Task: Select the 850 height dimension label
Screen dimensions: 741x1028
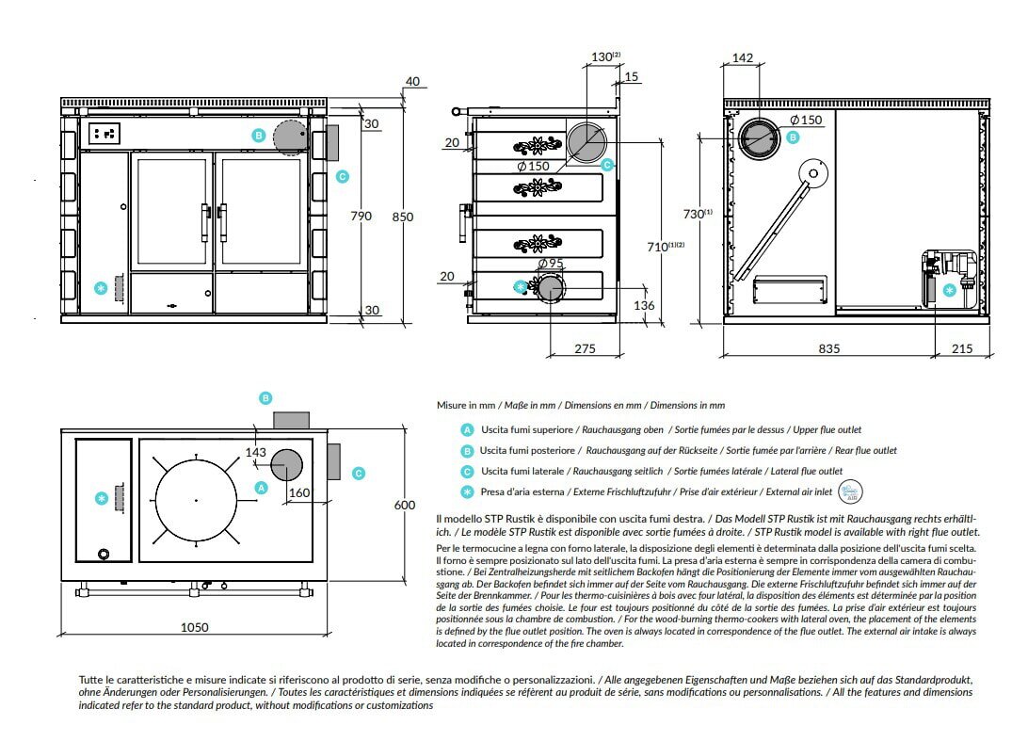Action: click(x=402, y=217)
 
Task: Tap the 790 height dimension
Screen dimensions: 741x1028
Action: click(x=361, y=217)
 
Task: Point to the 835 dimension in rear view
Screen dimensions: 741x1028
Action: click(x=828, y=348)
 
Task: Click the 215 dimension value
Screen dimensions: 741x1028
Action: click(x=962, y=348)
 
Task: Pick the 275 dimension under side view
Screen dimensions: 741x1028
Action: click(x=584, y=348)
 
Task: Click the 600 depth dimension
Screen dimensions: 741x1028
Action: click(x=404, y=505)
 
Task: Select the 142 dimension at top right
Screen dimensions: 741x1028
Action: click(x=743, y=58)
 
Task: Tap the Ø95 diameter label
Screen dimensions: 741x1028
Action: click(x=551, y=264)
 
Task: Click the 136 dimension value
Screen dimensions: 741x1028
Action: click(x=643, y=305)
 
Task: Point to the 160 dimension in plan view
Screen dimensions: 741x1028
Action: click(x=299, y=492)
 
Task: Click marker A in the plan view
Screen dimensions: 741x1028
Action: click(x=262, y=487)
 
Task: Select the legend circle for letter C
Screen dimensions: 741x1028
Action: click(x=467, y=471)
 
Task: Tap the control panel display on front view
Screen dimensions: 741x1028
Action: click(x=104, y=134)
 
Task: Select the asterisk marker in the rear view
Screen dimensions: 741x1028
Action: click(x=949, y=290)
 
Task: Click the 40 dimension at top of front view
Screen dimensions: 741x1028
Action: click(x=412, y=81)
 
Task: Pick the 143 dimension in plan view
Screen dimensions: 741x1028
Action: click(x=255, y=452)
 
